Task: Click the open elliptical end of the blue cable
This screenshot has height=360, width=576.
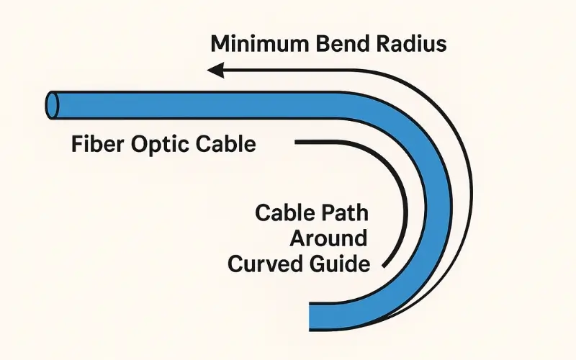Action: (53, 105)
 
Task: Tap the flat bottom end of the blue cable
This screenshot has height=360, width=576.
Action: (310, 314)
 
